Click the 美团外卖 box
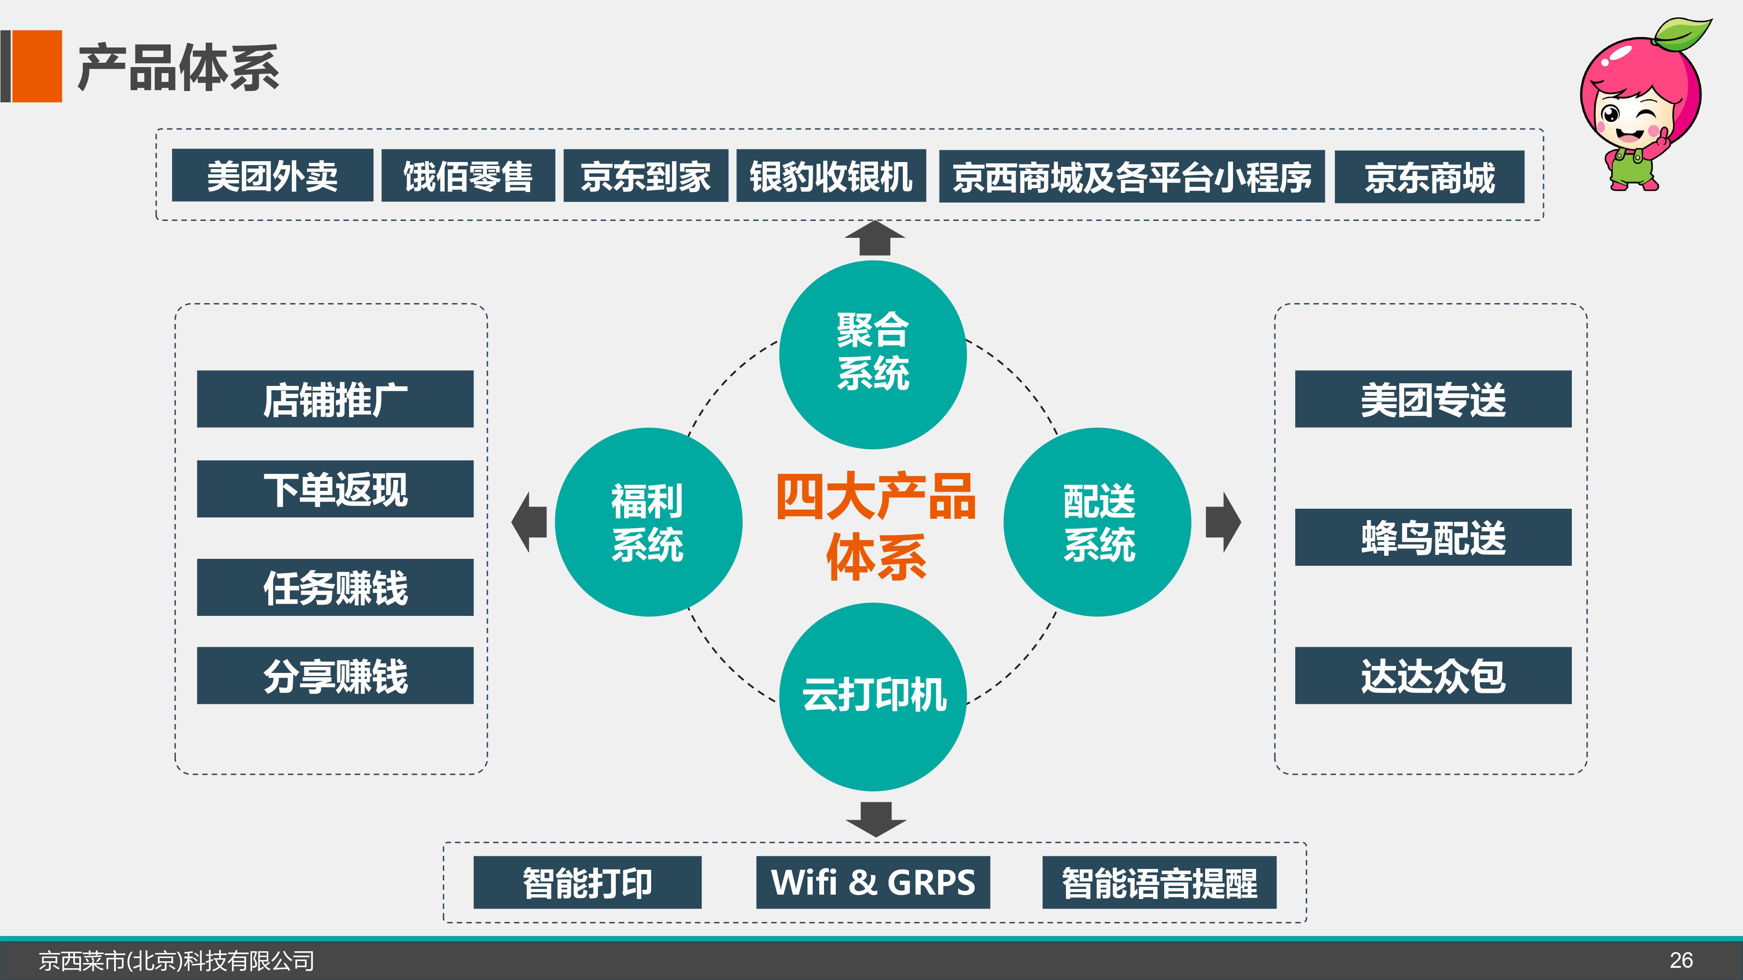point(272,175)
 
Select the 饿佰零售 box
point(468,175)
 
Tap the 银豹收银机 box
point(831,175)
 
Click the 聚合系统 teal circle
point(873,355)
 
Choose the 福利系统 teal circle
point(648,522)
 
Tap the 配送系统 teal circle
point(1098,522)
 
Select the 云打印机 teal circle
point(873,697)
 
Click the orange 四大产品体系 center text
point(875,526)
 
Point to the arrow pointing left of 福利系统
point(529,522)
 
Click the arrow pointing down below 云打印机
point(875,819)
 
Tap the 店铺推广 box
point(335,399)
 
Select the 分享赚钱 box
point(335,676)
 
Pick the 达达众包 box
point(1433,676)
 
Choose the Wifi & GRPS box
point(873,882)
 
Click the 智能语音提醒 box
point(1159,882)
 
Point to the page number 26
point(1681,960)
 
